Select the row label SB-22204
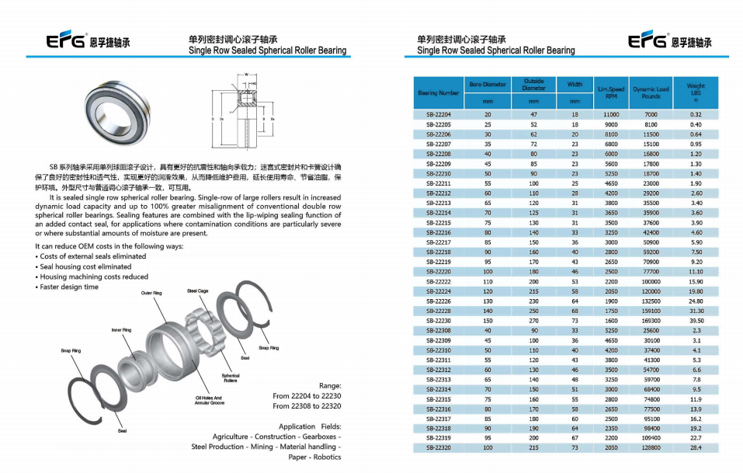pos(438,114)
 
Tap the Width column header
pos(575,85)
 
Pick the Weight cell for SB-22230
pos(696,321)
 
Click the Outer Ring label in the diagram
pos(151,293)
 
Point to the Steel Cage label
pos(197,290)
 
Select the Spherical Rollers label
pos(231,378)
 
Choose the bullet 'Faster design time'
pos(70,287)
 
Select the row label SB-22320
pos(438,448)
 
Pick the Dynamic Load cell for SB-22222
pos(651,281)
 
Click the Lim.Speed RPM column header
pos(611,92)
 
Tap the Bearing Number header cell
pos(438,92)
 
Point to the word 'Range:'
pos(330,385)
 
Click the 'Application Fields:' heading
pos(309,426)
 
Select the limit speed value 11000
pos(611,114)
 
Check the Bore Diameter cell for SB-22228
pos(488,311)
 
